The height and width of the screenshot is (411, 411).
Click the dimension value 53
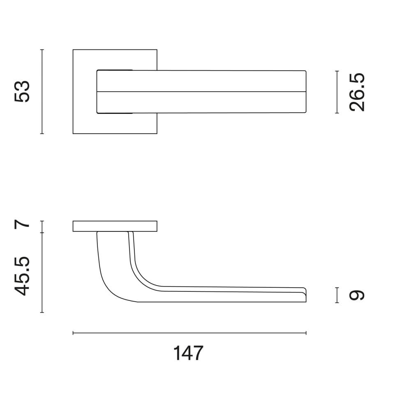22,92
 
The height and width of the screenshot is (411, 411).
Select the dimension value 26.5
356,92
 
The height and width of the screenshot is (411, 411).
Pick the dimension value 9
356,295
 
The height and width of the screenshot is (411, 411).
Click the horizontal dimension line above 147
189,333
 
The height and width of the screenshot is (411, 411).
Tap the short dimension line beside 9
337,295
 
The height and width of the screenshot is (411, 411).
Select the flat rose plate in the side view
115,226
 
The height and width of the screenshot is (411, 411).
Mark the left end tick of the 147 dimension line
73,333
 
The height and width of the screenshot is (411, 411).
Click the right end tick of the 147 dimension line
306,333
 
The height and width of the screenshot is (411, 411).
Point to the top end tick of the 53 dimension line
42,50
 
